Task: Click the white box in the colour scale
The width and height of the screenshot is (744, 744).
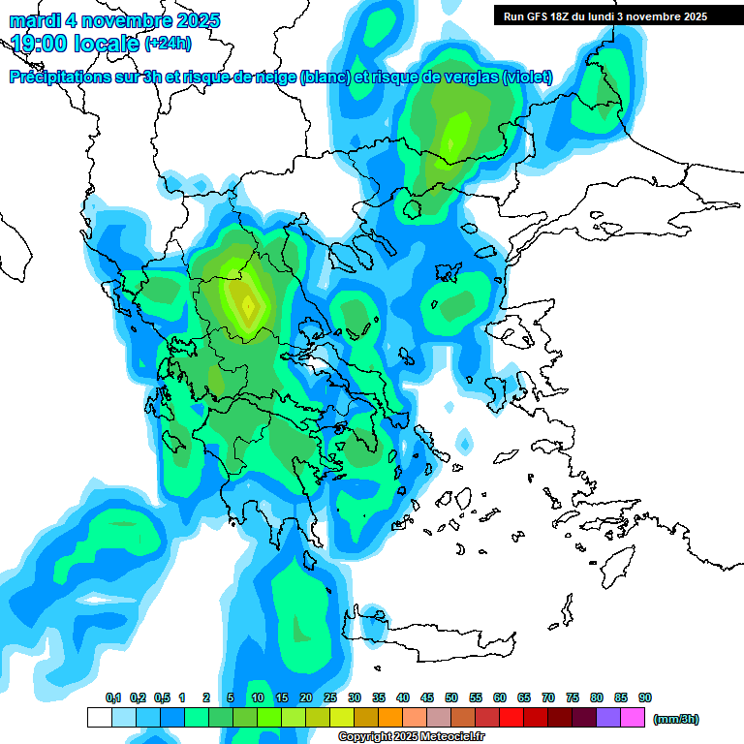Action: (99, 718)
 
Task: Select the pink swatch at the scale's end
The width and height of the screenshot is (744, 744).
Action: (634, 718)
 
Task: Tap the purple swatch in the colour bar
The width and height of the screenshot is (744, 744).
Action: (609, 718)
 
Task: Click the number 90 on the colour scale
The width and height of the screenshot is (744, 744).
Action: (645, 697)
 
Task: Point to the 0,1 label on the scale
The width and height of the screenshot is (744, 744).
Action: (112, 697)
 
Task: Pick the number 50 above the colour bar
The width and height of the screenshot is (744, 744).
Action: (451, 697)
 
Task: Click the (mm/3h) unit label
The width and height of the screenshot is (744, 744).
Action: (675, 719)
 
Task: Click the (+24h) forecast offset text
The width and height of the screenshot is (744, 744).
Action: (167, 44)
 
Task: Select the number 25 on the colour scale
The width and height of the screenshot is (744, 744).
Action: (330, 697)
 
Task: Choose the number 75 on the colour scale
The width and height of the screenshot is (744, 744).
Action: (573, 697)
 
